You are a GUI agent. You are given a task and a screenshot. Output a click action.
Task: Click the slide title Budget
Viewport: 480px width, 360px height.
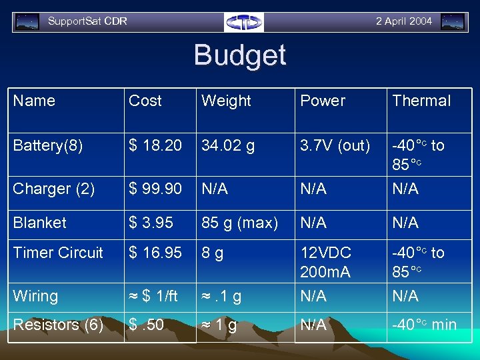tap(240, 55)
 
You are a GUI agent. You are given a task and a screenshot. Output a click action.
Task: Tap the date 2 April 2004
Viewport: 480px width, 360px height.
tap(403, 21)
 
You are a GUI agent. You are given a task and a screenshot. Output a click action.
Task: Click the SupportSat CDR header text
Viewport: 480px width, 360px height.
tap(87, 21)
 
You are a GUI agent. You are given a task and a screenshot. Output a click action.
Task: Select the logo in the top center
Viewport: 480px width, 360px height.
tap(244, 22)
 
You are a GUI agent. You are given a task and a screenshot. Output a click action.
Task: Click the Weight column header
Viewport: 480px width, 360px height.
tap(226, 101)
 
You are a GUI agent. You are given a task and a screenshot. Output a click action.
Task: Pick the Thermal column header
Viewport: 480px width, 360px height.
tap(421, 101)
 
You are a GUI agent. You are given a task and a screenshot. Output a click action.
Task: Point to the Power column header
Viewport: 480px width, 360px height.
tap(323, 101)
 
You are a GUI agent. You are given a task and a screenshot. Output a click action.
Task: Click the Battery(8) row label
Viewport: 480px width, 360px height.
tap(48, 145)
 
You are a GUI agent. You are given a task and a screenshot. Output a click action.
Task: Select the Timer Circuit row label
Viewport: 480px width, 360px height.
tap(58, 253)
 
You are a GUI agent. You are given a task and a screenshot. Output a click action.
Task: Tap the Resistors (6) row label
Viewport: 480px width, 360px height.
tap(58, 325)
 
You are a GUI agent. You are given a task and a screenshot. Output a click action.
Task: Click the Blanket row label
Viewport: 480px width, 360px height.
tap(39, 223)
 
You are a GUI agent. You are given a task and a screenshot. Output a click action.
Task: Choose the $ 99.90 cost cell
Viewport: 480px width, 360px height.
tap(155, 189)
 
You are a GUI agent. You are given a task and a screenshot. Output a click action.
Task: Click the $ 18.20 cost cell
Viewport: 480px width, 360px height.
tap(155, 145)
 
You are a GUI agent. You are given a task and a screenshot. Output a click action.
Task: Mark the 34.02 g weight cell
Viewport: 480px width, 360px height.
tap(228, 145)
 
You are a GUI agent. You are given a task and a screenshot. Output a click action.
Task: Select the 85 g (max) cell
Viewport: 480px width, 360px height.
tap(239, 223)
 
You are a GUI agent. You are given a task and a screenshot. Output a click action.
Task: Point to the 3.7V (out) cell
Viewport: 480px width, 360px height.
tap(335, 145)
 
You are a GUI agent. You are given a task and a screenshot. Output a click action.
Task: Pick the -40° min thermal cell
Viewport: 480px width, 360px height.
tap(424, 325)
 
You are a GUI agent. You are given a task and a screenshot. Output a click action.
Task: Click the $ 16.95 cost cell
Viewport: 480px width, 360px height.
tap(155, 253)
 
